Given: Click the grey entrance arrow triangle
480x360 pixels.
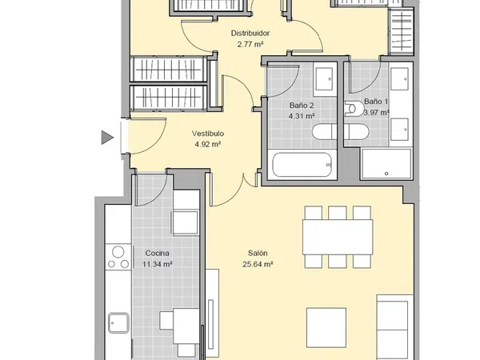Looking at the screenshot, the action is point(107,138).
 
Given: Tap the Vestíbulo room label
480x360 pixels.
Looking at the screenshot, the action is point(208,134).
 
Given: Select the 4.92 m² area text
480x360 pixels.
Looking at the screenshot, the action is point(208,144).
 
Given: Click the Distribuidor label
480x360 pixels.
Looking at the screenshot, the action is point(250,33).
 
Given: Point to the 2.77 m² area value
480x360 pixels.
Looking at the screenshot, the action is point(250,44).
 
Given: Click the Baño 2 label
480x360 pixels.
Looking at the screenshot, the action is point(302,106).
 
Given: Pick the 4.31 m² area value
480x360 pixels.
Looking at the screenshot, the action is point(302,116).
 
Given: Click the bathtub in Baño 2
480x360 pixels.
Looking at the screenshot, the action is point(302,165).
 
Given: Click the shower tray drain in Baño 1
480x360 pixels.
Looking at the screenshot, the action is point(386,174).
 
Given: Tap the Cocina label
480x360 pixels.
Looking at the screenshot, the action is point(157,253).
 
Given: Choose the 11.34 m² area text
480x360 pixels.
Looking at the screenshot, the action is point(157,264).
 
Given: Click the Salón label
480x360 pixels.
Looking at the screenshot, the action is point(258,253).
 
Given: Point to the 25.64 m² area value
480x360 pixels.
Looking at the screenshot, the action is point(258,264).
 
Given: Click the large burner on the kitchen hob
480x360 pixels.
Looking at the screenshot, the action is point(118,252).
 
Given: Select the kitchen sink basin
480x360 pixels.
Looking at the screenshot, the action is point(118,322).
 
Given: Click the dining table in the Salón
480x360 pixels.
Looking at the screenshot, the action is point(338,237).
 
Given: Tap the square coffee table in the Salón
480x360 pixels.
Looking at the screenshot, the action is point(326,328).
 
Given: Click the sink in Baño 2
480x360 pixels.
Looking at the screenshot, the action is point(324,79).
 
